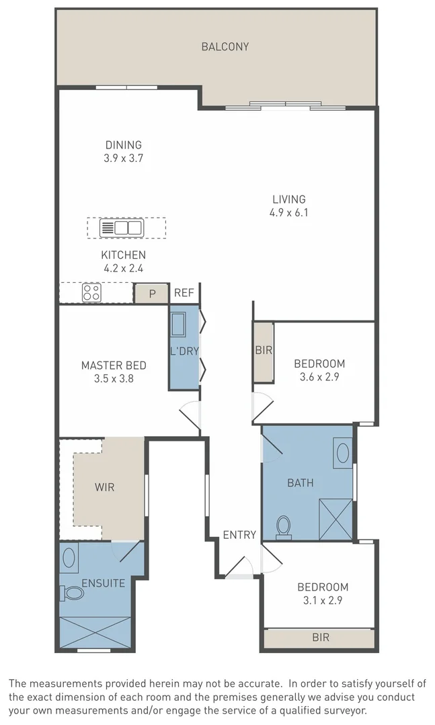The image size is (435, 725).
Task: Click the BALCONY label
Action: coord(225,46)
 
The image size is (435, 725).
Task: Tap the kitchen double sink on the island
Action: coord(121,228)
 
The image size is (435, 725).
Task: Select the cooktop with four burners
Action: coord(91,293)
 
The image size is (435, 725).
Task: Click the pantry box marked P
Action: coord(151,294)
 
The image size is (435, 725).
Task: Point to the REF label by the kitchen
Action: coord(184,293)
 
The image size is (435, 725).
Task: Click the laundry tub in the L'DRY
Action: coord(178,325)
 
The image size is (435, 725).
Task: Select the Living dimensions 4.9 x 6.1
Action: coord(288,213)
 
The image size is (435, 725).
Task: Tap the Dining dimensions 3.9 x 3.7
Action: coord(124,158)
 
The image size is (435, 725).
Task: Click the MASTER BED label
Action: coord(114,366)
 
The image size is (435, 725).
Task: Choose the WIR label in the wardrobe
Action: coord(104,487)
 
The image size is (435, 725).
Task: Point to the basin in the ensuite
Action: coord(69,557)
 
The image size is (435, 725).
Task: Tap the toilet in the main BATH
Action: coord(283,527)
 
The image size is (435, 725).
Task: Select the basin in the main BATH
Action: coord(342,453)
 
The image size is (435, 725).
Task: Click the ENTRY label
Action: coord(239,535)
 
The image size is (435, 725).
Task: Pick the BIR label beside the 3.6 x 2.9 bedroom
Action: coord(264,350)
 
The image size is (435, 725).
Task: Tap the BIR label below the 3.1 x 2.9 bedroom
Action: coord(321,638)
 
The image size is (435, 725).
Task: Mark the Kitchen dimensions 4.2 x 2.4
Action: coord(122,268)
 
